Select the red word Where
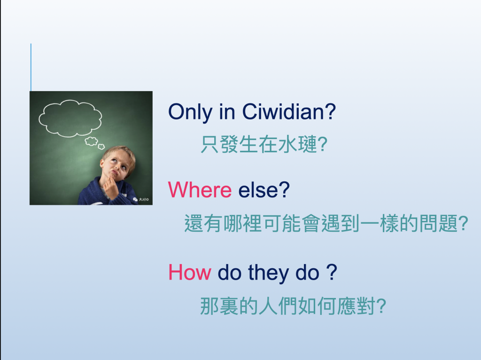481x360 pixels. coord(200,190)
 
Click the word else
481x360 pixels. coord(258,190)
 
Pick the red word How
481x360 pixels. coord(190,272)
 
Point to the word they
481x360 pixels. coord(268,274)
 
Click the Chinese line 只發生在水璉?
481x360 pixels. coord(264,144)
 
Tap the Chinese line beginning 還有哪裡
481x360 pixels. coord(326,223)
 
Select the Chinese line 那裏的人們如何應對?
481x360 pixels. coord(293,306)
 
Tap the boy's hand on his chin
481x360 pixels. coord(110,187)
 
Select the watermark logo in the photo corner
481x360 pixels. coord(141,199)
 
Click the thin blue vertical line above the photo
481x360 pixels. coord(31,67)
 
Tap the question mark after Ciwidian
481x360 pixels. coord(330,111)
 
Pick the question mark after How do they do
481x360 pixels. coord(332,272)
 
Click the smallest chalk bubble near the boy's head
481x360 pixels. coord(101,147)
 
